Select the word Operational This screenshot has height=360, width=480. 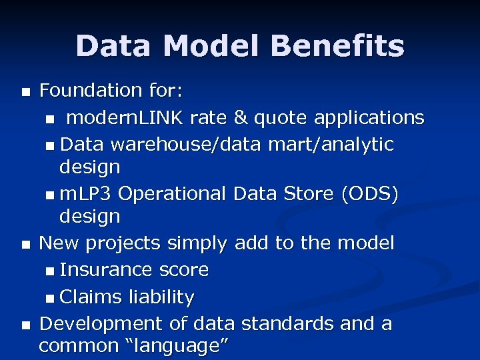(173, 194)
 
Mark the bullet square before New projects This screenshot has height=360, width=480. (25, 245)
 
